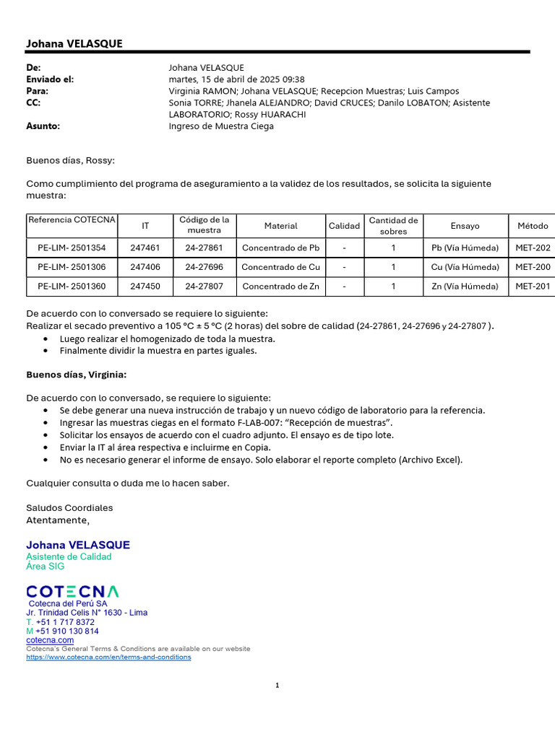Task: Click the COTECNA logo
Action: click(73, 592)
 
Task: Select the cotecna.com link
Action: click(50, 640)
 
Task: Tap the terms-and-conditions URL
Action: click(108, 657)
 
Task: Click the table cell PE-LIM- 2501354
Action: click(72, 248)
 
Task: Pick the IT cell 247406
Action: click(145, 267)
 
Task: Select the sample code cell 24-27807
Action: click(204, 286)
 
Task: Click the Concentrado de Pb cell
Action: click(280, 248)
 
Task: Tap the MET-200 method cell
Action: click(533, 267)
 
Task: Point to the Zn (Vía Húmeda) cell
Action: click(465, 286)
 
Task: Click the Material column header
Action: click(280, 226)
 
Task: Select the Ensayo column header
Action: click(465, 226)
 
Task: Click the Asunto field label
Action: click(43, 126)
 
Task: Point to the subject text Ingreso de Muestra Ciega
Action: click(221, 126)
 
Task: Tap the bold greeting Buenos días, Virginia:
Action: click(77, 374)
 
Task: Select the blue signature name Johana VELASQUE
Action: click(78, 545)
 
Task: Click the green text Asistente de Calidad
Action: click(69, 556)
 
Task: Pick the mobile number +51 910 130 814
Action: click(67, 631)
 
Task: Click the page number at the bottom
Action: click(277, 686)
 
